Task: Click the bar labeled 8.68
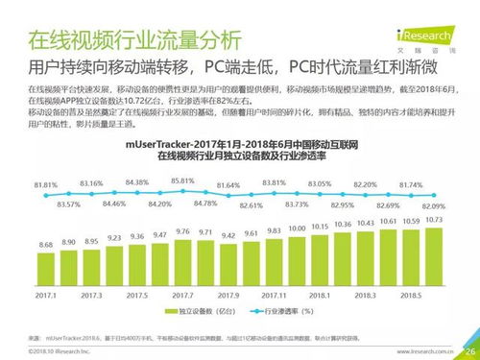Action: [x=45, y=272]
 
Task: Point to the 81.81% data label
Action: [x=44, y=183]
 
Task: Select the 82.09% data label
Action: [x=435, y=207]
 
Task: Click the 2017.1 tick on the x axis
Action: [x=45, y=296]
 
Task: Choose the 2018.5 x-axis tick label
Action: [x=412, y=296]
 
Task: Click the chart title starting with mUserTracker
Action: [x=240, y=144]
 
